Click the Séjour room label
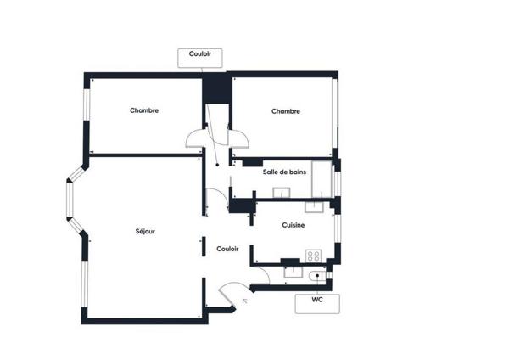(145, 232)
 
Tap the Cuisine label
(294, 225)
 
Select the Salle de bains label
(284, 172)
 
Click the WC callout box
(317, 304)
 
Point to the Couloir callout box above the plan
(200, 58)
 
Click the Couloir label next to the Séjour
(227, 249)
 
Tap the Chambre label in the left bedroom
(144, 110)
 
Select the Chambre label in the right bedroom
(286, 111)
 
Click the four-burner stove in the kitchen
(313, 256)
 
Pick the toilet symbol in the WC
(317, 276)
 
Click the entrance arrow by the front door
(245, 301)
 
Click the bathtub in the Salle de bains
(322, 179)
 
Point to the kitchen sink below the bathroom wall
(314, 207)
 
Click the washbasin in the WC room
(294, 273)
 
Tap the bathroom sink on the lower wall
(282, 193)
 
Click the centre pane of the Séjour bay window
(70, 200)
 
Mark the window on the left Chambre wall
(87, 104)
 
